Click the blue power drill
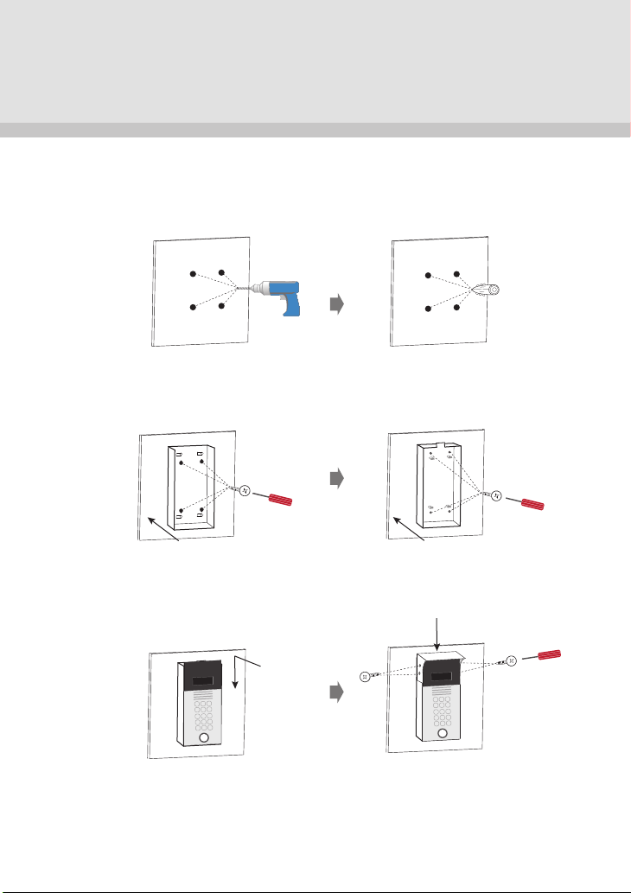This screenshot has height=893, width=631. (x=284, y=296)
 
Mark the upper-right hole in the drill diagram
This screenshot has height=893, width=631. (x=222, y=273)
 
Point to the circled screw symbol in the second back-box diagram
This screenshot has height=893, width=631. (x=495, y=494)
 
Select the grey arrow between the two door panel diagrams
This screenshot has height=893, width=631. (x=339, y=692)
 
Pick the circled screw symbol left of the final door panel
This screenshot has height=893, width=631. (x=365, y=676)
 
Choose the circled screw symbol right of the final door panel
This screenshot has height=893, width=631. (x=512, y=660)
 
